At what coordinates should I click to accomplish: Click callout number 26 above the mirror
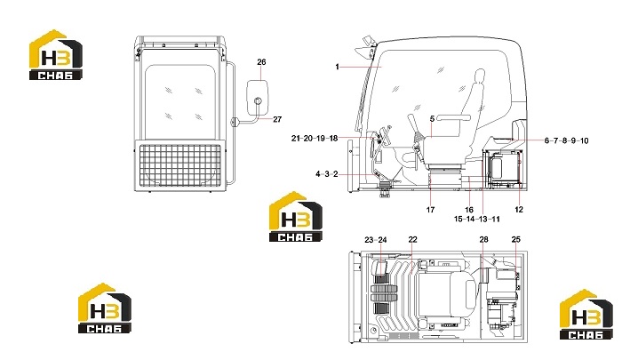[261, 62]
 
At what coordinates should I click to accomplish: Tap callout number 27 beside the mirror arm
[277, 119]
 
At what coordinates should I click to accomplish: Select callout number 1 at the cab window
[337, 67]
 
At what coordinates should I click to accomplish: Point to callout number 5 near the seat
[433, 118]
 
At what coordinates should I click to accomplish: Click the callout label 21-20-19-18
[315, 138]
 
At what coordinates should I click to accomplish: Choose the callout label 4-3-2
[327, 174]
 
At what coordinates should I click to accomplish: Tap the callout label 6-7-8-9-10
[567, 140]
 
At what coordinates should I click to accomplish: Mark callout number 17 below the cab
[430, 210]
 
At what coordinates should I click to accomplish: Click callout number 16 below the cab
[469, 210]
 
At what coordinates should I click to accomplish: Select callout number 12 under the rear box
[519, 210]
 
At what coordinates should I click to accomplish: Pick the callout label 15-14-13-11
[477, 219]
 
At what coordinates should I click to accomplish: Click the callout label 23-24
[376, 240]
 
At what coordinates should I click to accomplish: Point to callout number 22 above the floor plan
[413, 240]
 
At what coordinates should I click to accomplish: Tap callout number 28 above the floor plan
[483, 239]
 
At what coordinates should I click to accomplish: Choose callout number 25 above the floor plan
[515, 239]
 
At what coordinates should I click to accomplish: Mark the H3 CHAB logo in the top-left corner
[56, 55]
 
